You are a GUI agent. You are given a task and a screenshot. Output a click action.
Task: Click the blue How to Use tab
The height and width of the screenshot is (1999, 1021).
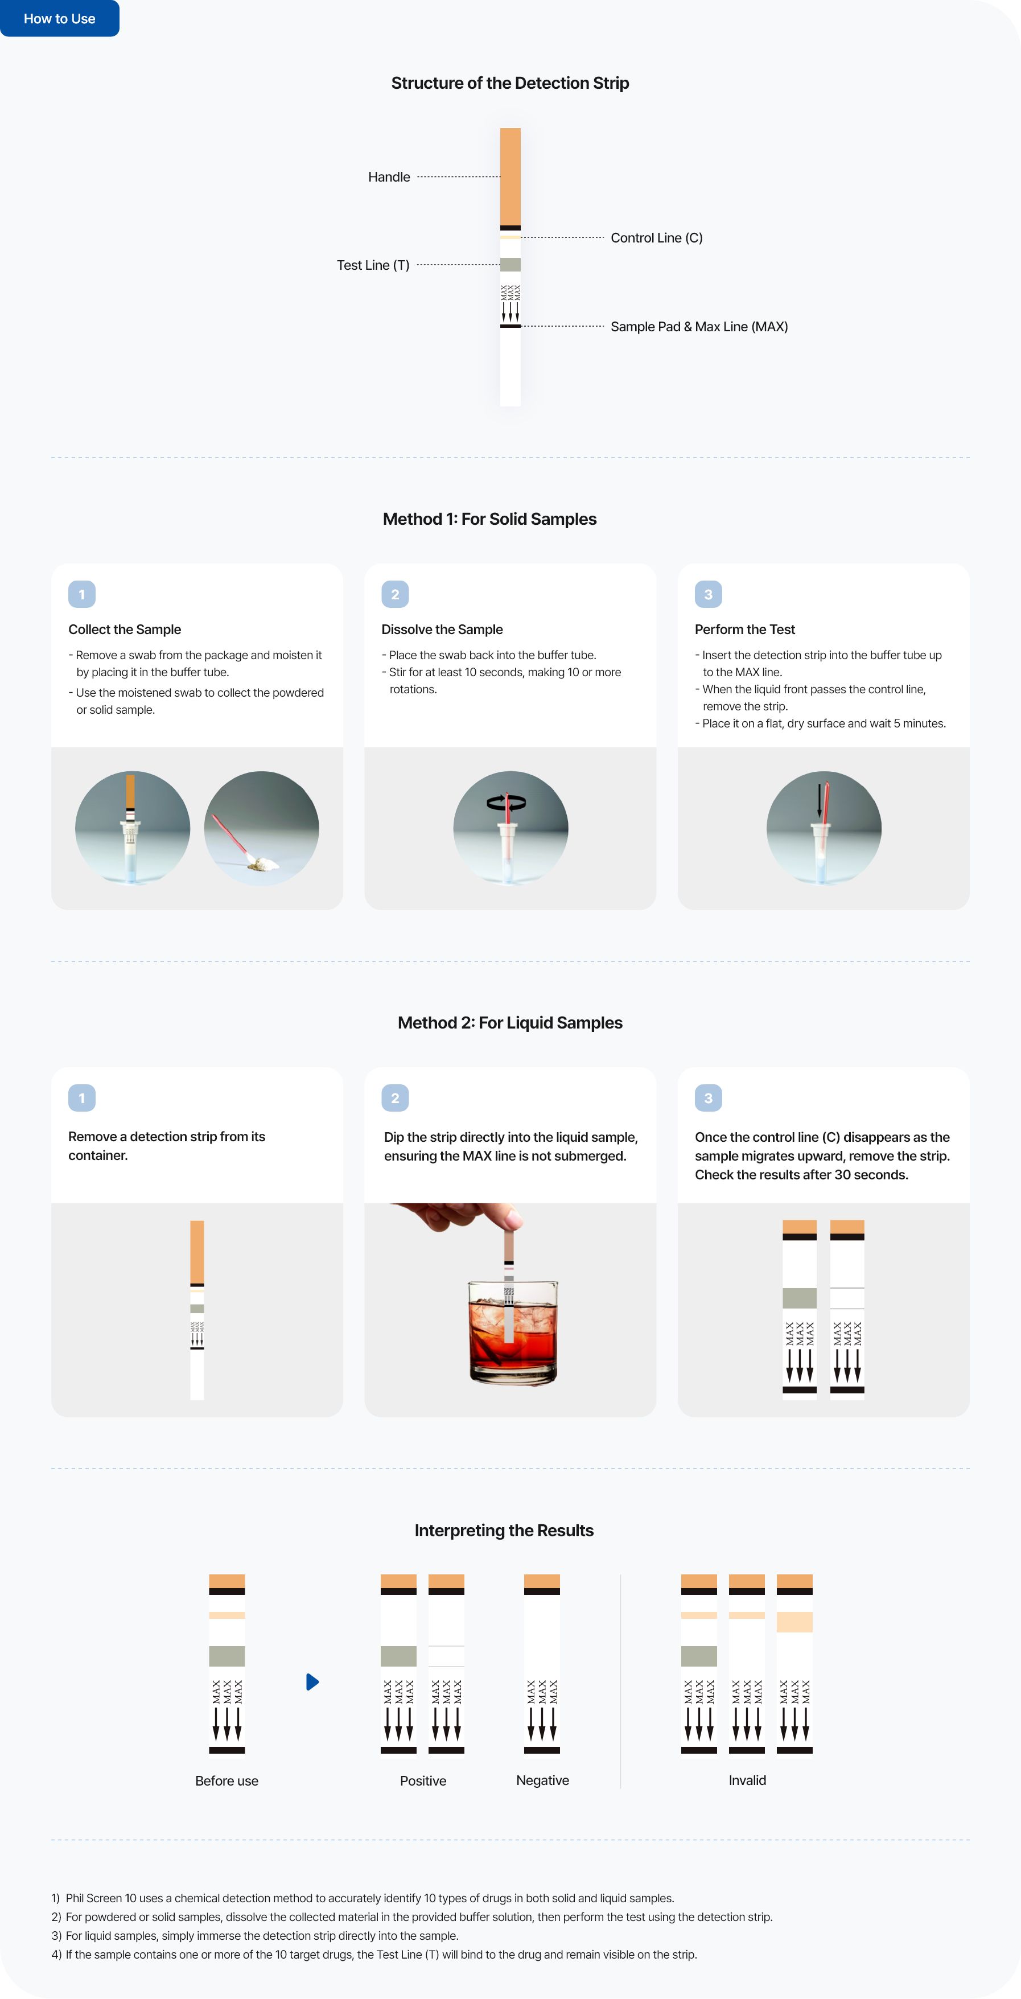coord(60,18)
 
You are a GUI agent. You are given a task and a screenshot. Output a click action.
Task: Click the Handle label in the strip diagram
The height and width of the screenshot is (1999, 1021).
coord(389,177)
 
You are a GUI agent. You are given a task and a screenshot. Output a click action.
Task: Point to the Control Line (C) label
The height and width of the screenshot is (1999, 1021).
coord(656,237)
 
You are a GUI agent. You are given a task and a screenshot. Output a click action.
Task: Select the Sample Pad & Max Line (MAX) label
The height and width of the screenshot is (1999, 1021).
coord(699,327)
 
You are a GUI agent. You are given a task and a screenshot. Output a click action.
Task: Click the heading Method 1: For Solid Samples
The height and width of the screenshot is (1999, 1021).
coord(489,519)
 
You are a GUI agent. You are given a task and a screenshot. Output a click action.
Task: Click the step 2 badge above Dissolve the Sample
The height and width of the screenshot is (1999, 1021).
coord(395,594)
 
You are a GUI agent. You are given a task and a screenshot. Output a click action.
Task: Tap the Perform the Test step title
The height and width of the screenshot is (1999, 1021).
coord(745,630)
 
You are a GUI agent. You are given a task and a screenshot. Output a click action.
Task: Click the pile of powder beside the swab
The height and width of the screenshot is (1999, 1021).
coord(261,862)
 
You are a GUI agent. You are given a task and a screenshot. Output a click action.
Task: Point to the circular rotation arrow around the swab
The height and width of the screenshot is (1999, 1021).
coord(506,803)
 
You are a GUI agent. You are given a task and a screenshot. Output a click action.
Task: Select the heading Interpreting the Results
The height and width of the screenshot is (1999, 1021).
coord(504,1531)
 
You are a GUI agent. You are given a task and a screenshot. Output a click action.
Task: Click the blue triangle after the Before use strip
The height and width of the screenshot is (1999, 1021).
coord(312,1681)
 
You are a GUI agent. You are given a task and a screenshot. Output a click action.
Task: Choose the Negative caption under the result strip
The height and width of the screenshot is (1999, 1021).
coord(542,1780)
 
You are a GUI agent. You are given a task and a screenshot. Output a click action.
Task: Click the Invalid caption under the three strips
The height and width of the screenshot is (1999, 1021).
coord(747,1780)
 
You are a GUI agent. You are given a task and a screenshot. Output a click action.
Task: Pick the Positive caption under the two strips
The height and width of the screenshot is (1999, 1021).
coord(423,1781)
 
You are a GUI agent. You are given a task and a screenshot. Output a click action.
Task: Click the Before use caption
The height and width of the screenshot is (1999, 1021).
coord(227,1781)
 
